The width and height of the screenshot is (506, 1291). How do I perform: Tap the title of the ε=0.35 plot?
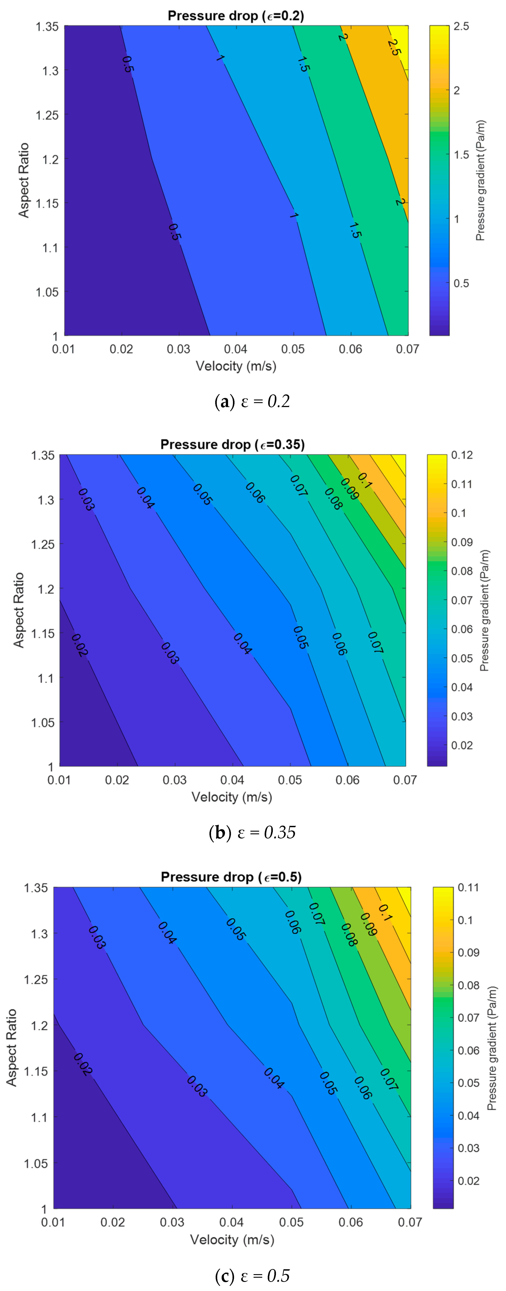232,445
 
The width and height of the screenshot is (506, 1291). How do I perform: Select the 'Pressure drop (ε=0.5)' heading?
231,877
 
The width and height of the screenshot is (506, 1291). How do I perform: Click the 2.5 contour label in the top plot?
394,48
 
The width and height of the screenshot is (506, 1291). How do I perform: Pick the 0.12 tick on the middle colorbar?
461,455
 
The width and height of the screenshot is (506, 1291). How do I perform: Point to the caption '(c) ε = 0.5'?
252,1275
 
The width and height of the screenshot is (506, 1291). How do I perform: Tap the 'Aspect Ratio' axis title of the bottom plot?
11,1047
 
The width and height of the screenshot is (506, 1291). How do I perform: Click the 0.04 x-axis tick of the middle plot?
232,780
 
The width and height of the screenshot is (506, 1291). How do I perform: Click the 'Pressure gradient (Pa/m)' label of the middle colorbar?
484,610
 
